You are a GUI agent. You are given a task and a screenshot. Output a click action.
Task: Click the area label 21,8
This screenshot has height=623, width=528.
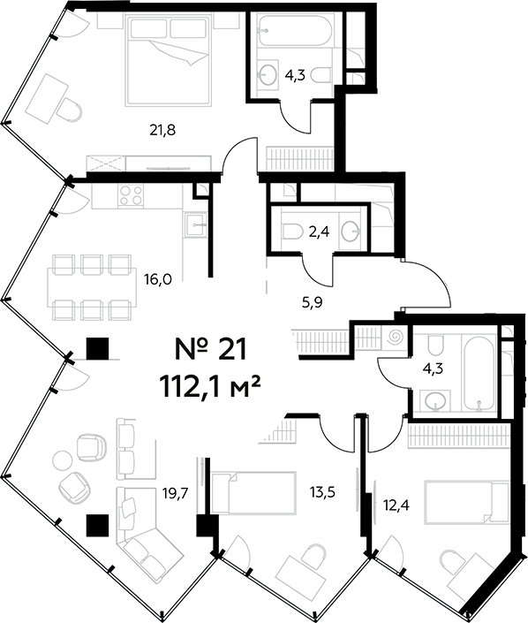tap(162, 130)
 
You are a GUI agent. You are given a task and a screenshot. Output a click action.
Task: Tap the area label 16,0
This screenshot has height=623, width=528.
tap(158, 280)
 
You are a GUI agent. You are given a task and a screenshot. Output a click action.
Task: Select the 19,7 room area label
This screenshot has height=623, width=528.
tap(175, 493)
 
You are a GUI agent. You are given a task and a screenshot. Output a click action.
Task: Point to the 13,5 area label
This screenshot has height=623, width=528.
tap(323, 492)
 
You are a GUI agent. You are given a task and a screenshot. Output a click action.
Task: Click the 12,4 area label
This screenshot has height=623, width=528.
tap(396, 505)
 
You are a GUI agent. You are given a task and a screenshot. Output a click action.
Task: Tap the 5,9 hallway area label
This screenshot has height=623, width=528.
tap(312, 303)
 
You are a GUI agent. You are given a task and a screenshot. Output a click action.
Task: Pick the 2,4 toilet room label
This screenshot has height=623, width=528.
tap(319, 231)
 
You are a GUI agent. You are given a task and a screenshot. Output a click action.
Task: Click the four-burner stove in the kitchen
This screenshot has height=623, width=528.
tap(131, 196)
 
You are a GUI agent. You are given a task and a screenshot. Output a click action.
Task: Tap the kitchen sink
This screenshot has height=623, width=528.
tap(195, 224)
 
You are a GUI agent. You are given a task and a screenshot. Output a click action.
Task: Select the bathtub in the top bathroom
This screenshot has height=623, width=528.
tap(296, 30)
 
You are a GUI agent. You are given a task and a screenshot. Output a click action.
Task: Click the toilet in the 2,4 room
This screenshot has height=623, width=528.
tap(292, 231)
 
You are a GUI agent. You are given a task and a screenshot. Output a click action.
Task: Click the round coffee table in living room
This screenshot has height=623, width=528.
tap(62, 460)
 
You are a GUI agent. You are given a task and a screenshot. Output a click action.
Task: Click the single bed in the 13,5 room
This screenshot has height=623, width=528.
tap(253, 492)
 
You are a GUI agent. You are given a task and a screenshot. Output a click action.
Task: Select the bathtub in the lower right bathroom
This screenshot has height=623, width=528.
tap(478, 373)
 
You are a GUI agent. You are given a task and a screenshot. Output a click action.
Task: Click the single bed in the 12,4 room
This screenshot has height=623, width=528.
tap(467, 501)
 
